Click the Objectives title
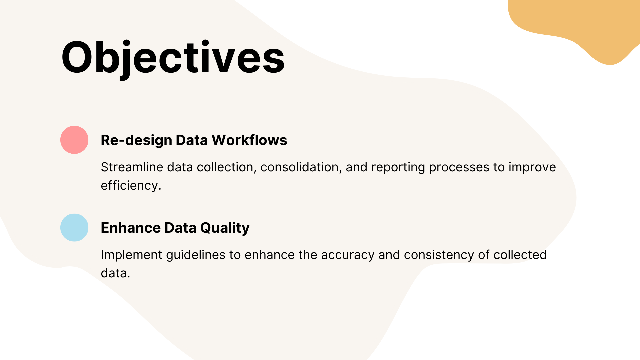173,57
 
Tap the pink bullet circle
74,140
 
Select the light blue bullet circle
74,227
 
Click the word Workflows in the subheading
249,140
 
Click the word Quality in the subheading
225,228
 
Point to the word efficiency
131,186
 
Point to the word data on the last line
115,273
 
